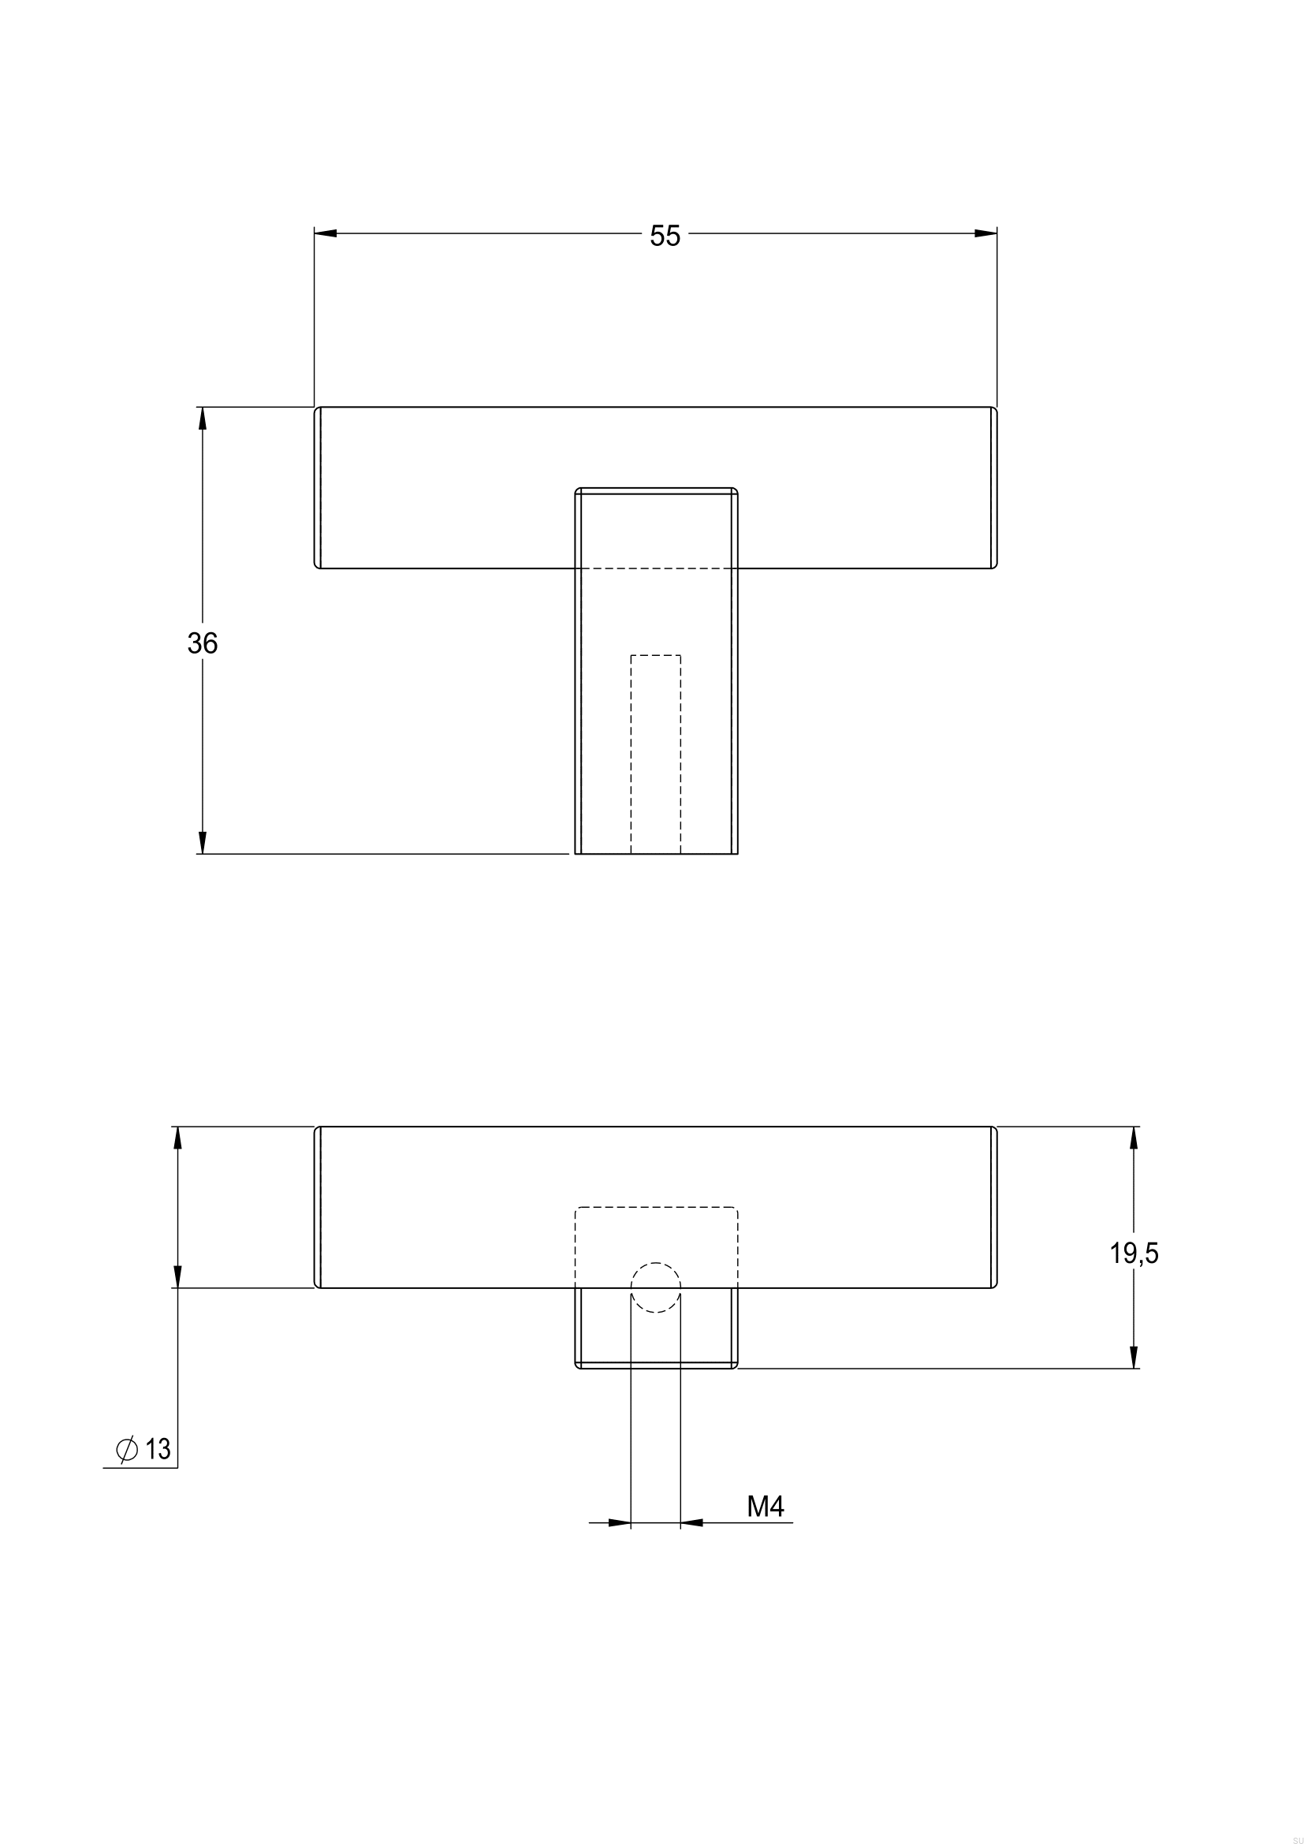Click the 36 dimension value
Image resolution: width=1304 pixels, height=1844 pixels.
203,643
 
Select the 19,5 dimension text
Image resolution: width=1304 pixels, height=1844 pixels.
1134,1253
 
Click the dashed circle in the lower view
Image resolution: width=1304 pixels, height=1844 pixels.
655,1287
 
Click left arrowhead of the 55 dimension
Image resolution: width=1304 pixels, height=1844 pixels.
325,233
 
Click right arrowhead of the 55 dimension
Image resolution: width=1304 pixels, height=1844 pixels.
985,233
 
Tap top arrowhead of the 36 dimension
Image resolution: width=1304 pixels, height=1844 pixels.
203,419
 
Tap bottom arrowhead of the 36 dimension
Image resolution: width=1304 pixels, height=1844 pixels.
203,843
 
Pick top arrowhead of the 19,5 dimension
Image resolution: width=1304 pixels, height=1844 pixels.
1134,1138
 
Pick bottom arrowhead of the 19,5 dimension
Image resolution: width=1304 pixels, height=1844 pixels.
1134,1358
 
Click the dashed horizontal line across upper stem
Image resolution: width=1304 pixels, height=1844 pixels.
655,568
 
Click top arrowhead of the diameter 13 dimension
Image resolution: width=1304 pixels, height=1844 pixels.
177,1138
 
